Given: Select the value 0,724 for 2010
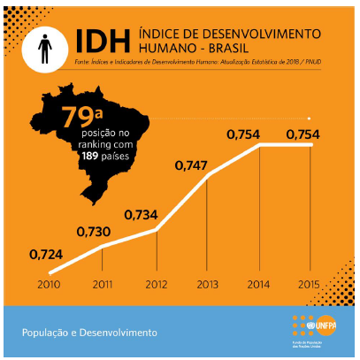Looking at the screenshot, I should (47, 254).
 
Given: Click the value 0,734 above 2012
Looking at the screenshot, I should (142, 215).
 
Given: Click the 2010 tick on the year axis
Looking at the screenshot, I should (49, 284).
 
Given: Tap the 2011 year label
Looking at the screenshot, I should (101, 284).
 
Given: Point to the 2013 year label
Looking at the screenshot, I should (206, 284).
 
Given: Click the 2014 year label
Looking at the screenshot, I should (258, 284).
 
